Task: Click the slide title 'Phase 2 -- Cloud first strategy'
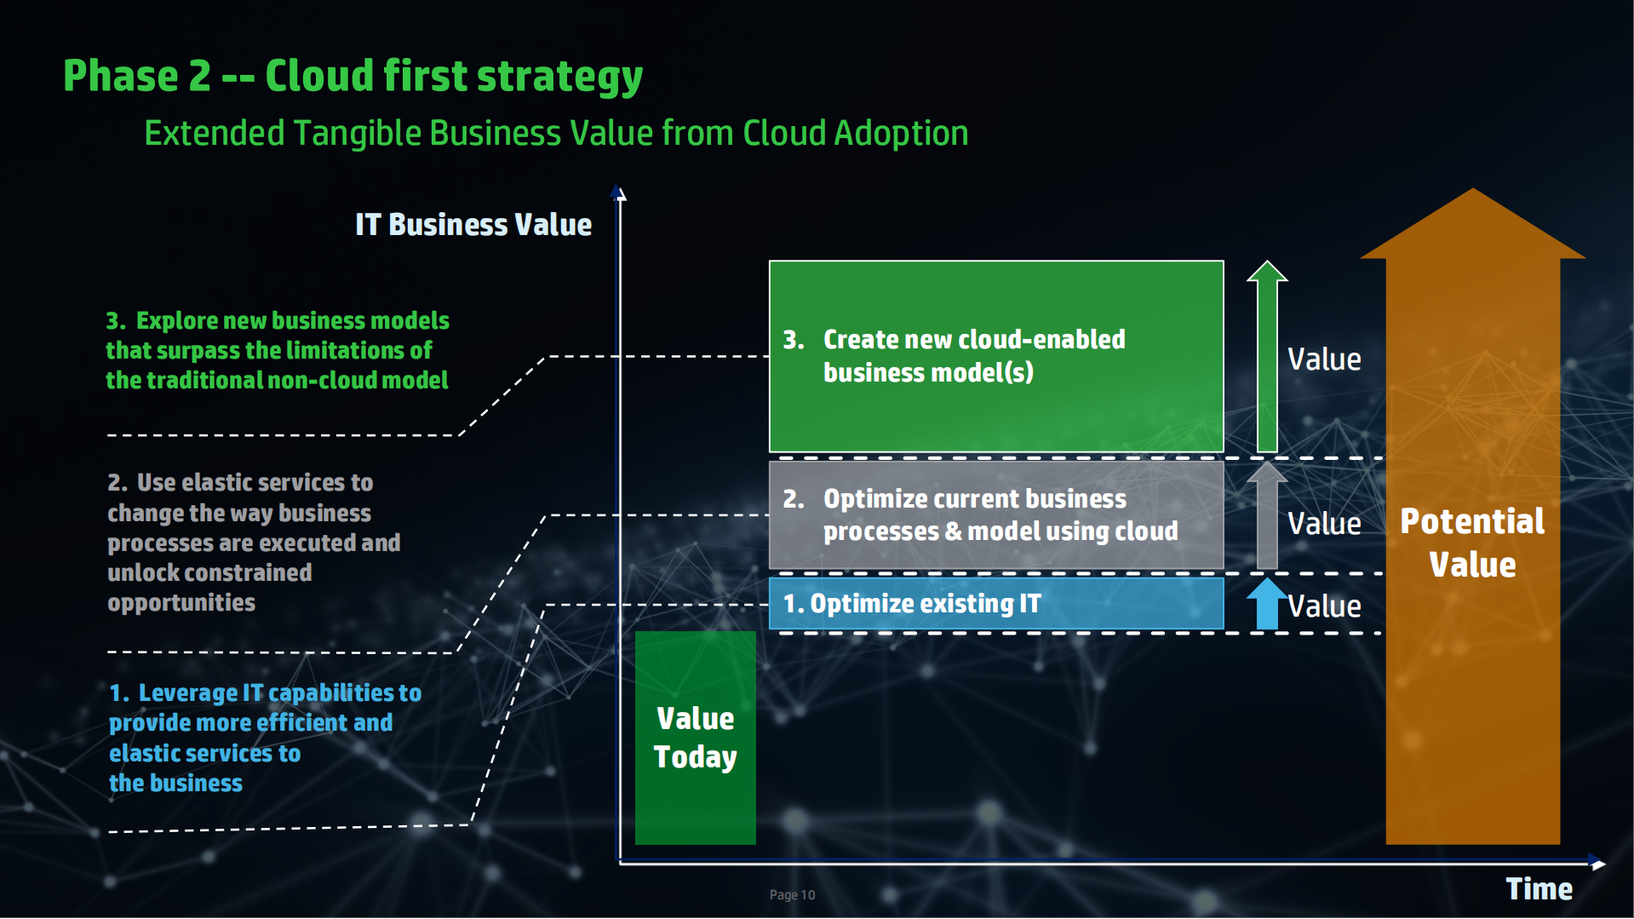[x=353, y=77]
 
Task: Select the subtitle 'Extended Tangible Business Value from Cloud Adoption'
[x=556, y=134]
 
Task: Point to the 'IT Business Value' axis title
[x=473, y=225]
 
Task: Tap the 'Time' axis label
[x=1539, y=889]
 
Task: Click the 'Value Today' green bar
[x=695, y=738]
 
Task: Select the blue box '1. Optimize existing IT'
[x=995, y=604]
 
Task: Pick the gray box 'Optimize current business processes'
[x=995, y=515]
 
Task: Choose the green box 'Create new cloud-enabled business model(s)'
[x=995, y=356]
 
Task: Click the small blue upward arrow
[x=1267, y=604]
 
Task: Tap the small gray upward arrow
[x=1267, y=515]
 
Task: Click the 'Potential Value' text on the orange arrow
[x=1472, y=543]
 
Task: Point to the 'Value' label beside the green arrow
[x=1324, y=359]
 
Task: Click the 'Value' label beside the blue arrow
[x=1324, y=606]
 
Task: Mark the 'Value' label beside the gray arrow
[x=1324, y=524]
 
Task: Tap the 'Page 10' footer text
[x=792, y=895]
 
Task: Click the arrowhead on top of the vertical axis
[x=619, y=193]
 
